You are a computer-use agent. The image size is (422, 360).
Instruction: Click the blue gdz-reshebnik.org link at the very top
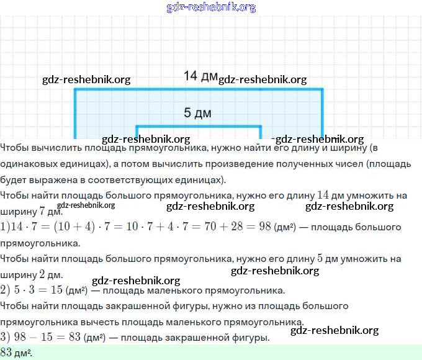(x=211, y=7)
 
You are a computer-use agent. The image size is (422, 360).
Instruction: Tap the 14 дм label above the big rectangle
(x=200, y=76)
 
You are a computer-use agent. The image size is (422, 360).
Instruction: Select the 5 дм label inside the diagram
(x=197, y=113)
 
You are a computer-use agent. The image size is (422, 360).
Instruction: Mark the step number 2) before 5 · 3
(x=6, y=290)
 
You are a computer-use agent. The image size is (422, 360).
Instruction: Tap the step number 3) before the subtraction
(x=6, y=338)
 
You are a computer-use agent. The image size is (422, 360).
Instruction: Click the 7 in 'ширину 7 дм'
(x=41, y=211)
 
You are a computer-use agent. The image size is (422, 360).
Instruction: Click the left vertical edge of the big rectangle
(x=75, y=115)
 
